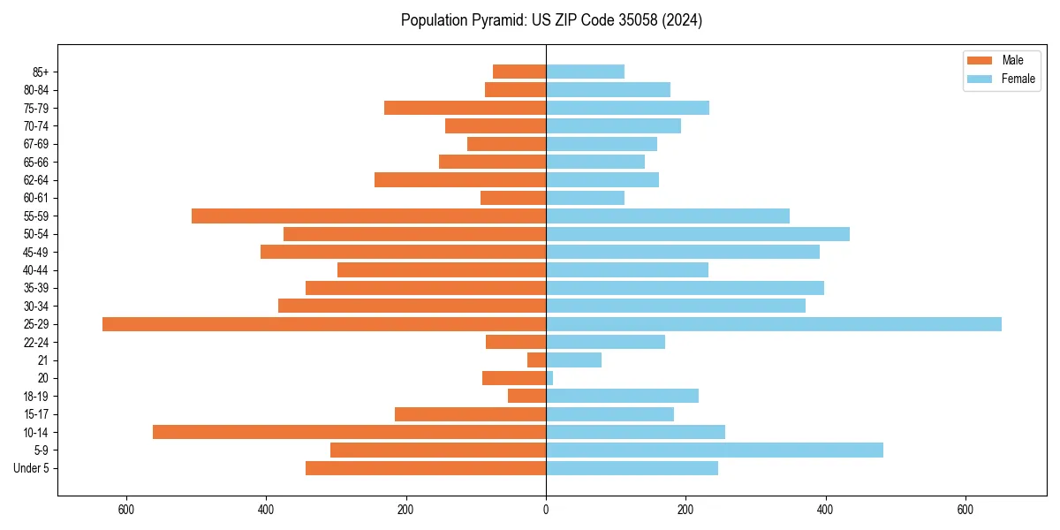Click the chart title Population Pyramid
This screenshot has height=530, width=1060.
coord(551,20)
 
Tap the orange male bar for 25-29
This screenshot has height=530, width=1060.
coord(324,324)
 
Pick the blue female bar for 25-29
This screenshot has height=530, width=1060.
coord(774,324)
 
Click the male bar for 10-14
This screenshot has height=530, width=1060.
coord(349,432)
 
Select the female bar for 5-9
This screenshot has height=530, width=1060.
coord(715,450)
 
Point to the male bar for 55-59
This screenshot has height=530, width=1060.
coord(368,216)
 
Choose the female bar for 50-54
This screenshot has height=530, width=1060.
coord(698,234)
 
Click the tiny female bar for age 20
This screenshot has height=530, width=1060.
coord(549,378)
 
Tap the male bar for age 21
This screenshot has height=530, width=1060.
coord(537,360)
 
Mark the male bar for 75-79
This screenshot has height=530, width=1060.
coord(465,108)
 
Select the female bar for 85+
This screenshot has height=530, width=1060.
coord(585,72)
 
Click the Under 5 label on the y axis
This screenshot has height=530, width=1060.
coord(32,468)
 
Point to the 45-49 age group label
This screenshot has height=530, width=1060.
coord(35,252)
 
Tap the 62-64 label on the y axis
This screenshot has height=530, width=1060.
coord(35,180)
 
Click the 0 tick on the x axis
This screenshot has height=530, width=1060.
coord(546,510)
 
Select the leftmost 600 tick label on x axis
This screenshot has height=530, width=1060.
coord(125,510)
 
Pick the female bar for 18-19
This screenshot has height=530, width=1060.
coord(622,396)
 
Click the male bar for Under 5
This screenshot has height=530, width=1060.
coord(426,468)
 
